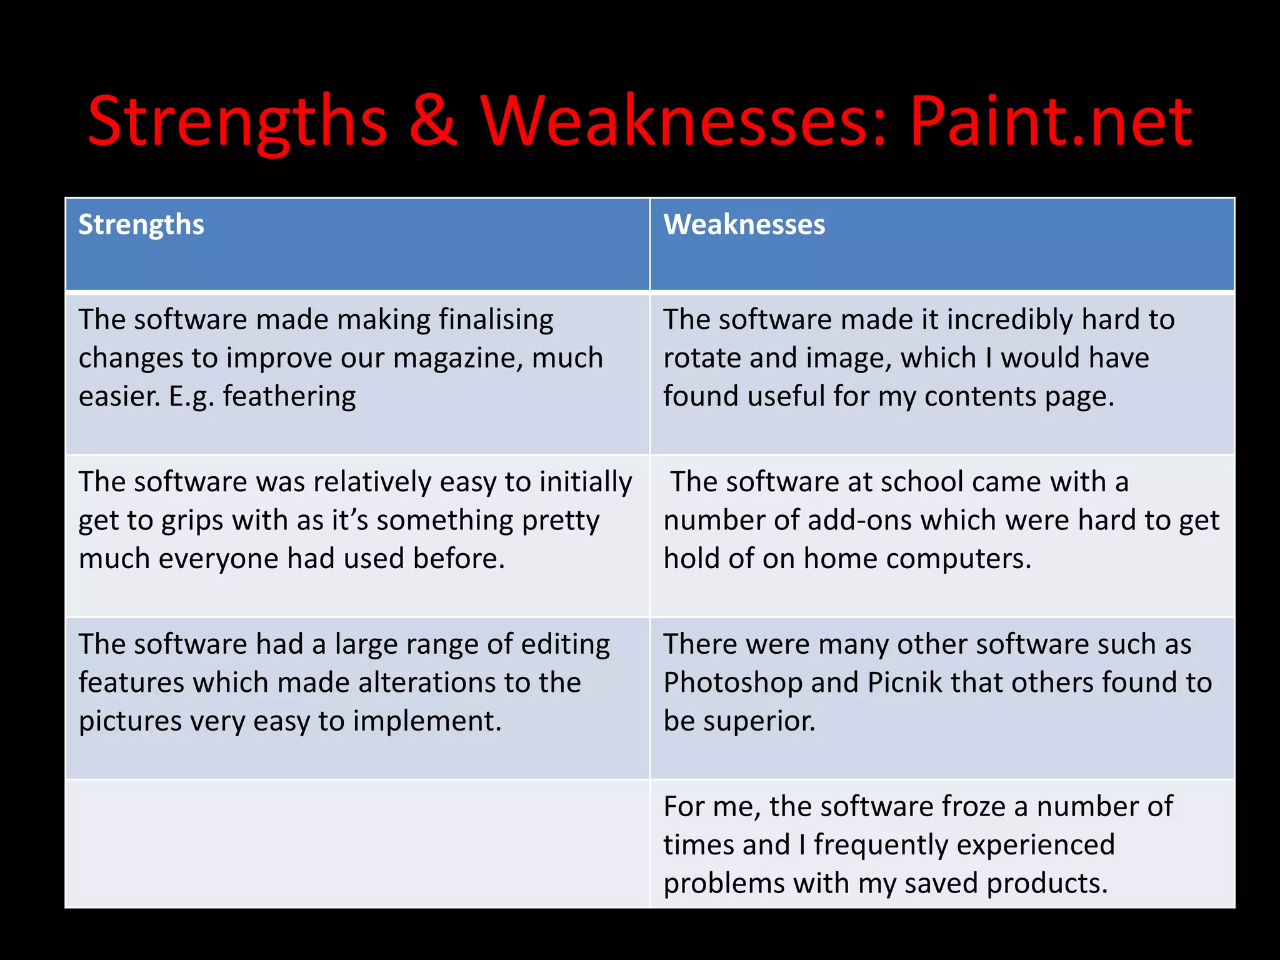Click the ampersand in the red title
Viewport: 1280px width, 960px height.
[433, 122]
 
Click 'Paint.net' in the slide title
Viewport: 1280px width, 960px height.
[1050, 122]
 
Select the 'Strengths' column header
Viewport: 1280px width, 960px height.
[141, 225]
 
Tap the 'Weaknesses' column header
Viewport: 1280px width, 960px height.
[744, 225]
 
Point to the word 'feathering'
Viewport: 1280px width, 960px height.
[289, 397]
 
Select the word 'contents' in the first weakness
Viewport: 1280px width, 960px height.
[981, 397]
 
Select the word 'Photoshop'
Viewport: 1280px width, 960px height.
[732, 683]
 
